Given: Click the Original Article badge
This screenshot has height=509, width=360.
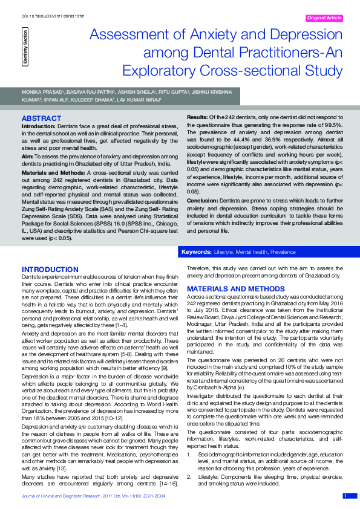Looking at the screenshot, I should tap(325, 18).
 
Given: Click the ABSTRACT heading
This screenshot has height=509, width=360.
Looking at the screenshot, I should tap(41, 118).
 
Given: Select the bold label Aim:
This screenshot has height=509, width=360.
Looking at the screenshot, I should tap(28, 156).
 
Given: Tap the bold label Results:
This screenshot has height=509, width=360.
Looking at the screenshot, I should tap(197, 116).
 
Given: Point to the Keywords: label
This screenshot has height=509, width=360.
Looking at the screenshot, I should tap(196, 251).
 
